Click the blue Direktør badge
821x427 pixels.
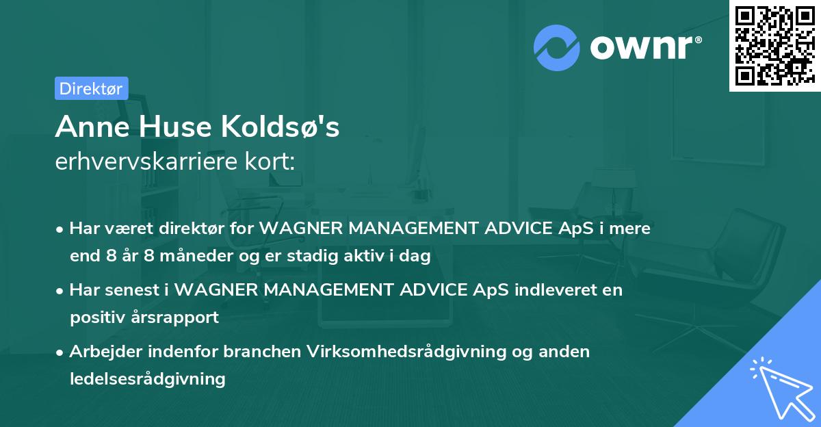click(x=92, y=88)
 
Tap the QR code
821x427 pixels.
click(x=774, y=46)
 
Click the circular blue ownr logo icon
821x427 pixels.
click(x=557, y=48)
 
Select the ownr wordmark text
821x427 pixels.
click(x=646, y=47)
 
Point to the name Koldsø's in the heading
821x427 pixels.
click(x=280, y=127)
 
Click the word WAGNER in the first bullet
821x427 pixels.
click(x=301, y=229)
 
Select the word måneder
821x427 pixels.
click(x=196, y=256)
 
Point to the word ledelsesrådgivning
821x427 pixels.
click(x=148, y=379)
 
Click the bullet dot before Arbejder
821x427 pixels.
click(x=60, y=353)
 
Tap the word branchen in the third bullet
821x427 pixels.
click(x=262, y=352)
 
